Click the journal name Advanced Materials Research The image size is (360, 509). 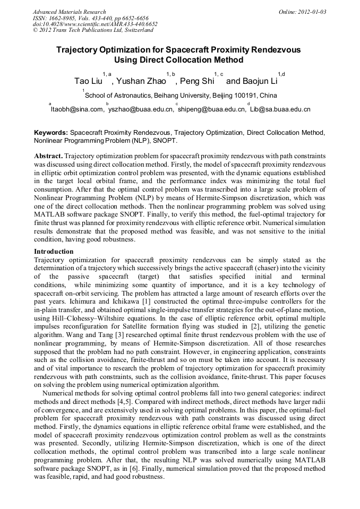[69, 12]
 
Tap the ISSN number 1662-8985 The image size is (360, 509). [63, 18]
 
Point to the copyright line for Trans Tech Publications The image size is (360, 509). [88, 30]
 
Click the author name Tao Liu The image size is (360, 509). [88, 82]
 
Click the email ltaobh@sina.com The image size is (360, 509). [77, 109]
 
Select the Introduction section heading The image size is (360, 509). [54, 251]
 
